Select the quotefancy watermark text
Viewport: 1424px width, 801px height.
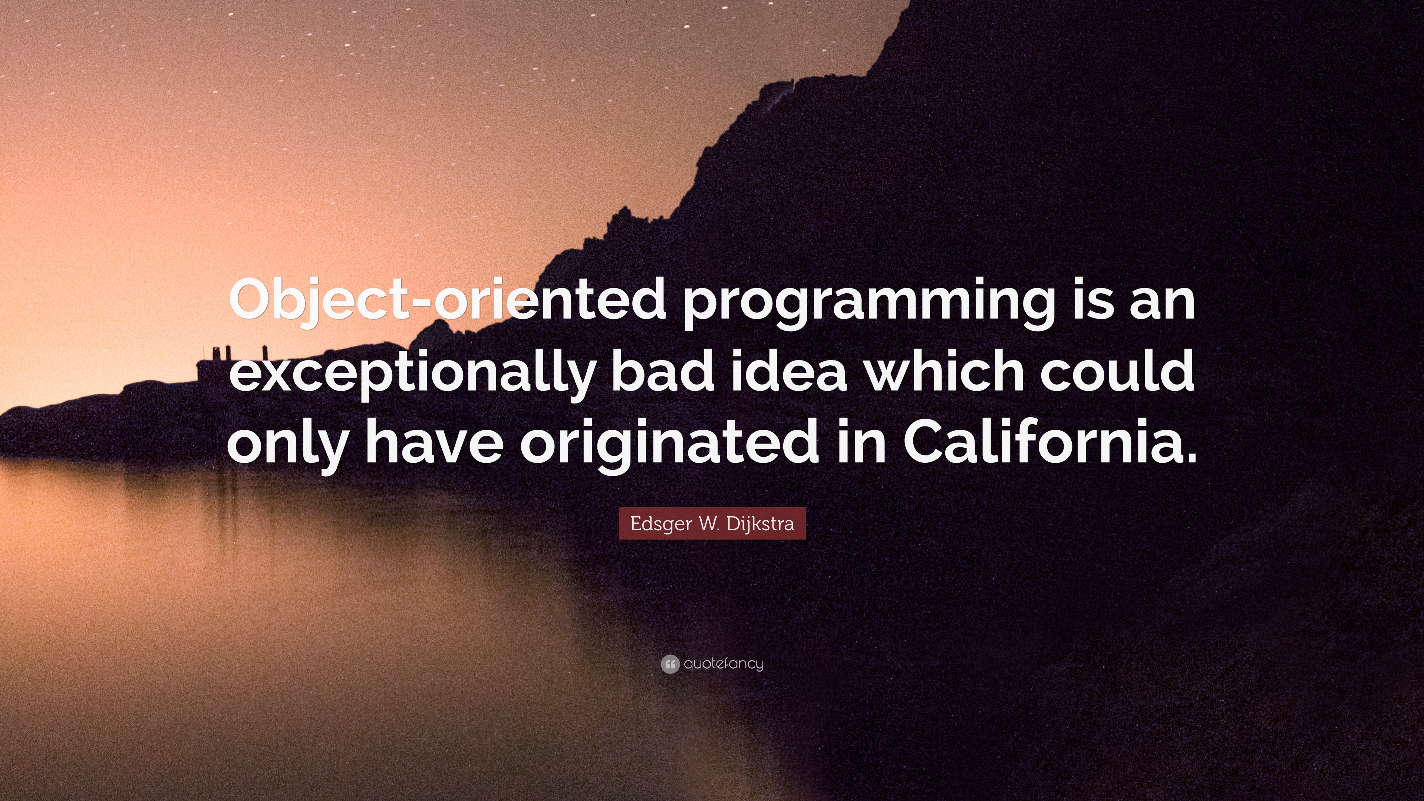click(x=723, y=664)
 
